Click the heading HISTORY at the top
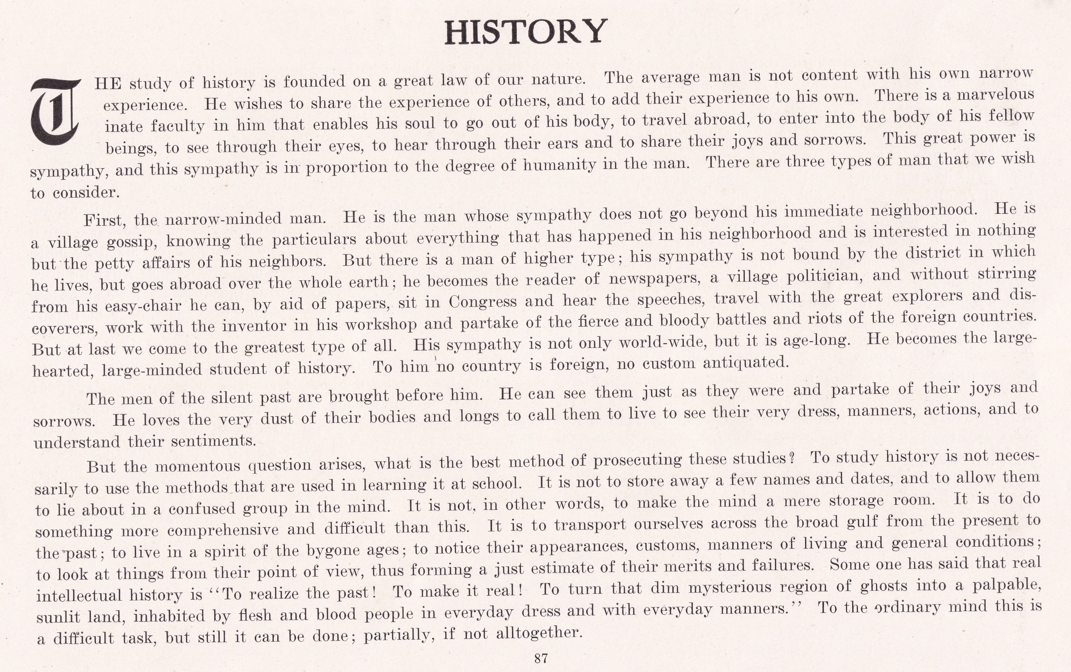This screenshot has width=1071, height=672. point(526,32)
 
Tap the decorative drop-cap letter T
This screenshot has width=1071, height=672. point(54,112)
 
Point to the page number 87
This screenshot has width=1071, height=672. point(541,658)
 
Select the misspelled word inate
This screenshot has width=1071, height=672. point(123,127)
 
